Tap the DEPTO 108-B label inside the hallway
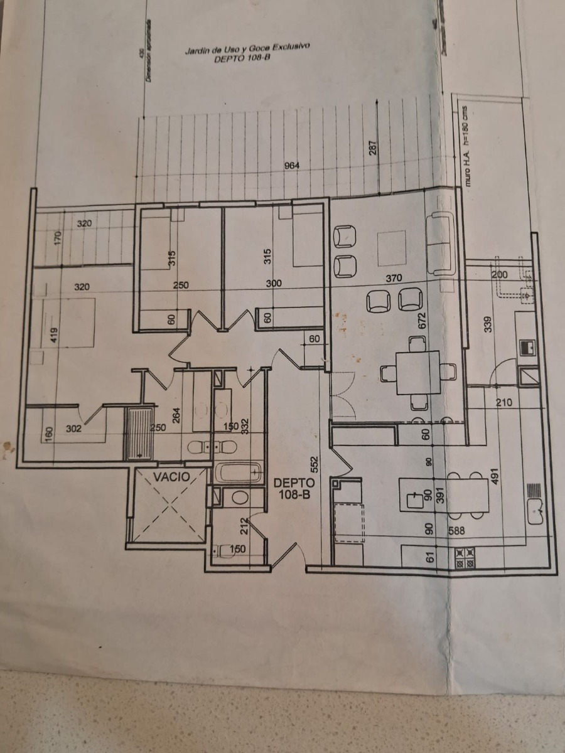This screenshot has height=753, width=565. tap(294, 489)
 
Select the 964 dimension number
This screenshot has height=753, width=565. tap(292, 166)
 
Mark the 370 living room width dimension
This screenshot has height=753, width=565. tap(394, 278)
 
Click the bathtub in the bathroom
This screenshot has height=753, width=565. tap(237, 472)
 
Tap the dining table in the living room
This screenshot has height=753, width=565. tap(418, 372)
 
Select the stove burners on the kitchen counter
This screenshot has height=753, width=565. tap(465, 557)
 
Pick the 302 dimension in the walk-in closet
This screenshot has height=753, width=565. tap(73, 430)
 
